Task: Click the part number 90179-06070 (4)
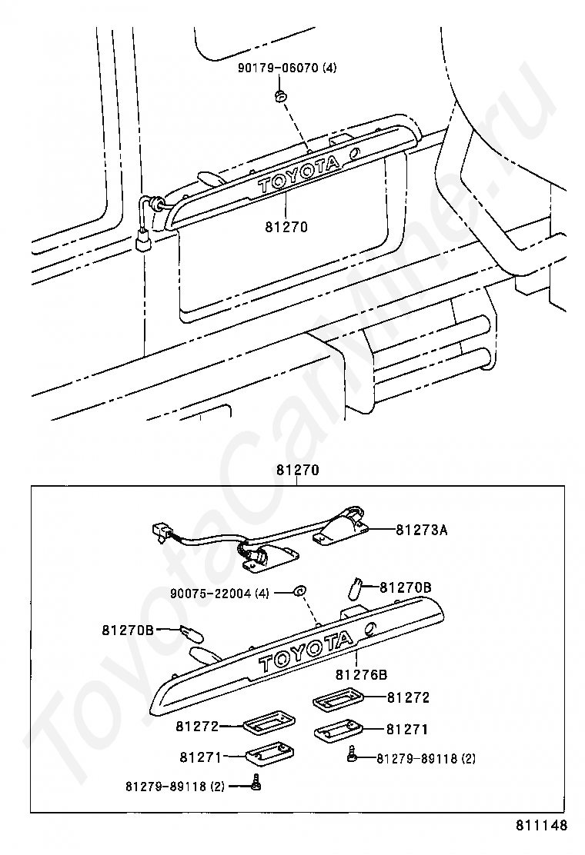pyautogui.click(x=287, y=68)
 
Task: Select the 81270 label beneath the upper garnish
pyautogui.click(x=286, y=228)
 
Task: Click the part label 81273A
pyautogui.click(x=422, y=530)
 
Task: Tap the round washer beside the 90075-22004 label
pyautogui.click(x=299, y=591)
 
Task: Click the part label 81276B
pyautogui.click(x=361, y=674)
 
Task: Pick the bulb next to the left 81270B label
pyautogui.click(x=192, y=635)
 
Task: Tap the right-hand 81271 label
pyautogui.click(x=407, y=729)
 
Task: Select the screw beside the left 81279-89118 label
pyautogui.click(x=256, y=784)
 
